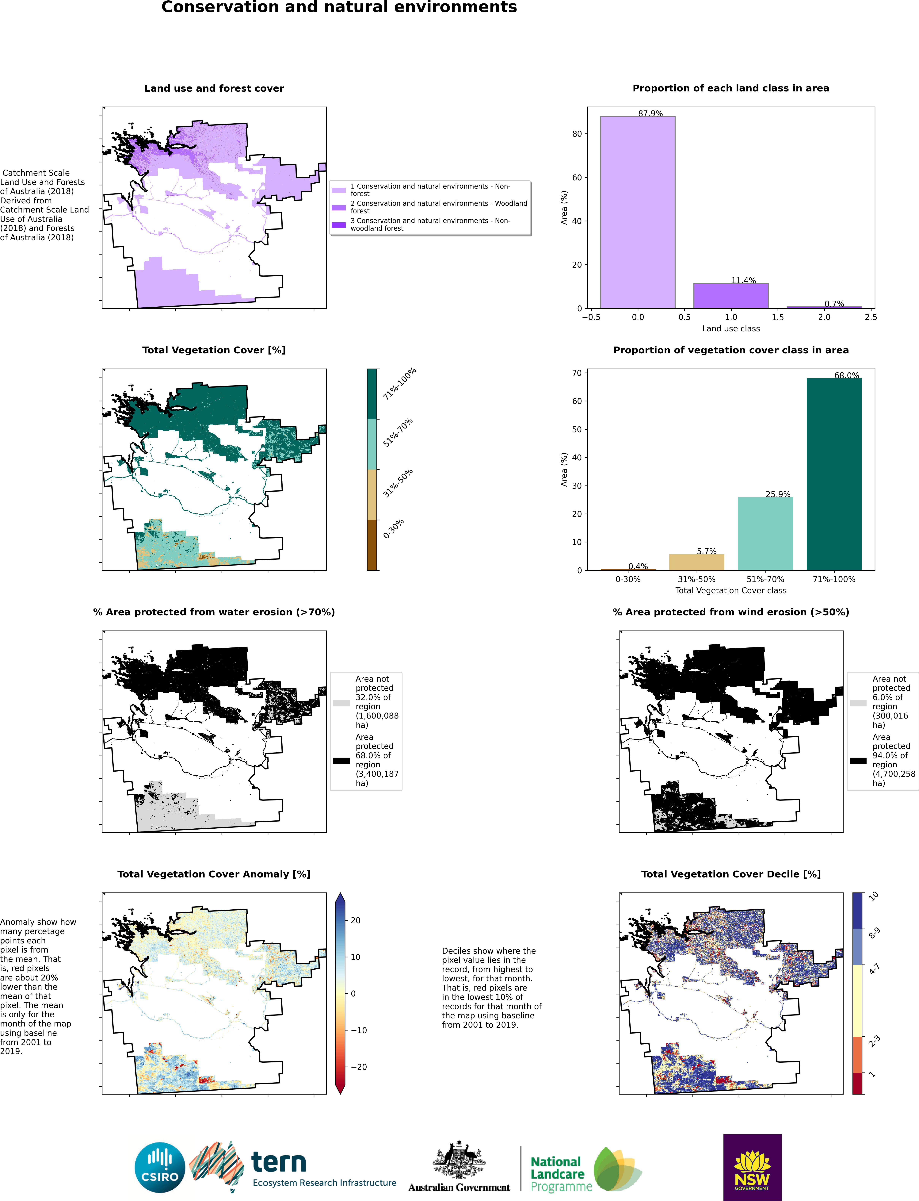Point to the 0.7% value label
834,304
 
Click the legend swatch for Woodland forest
339,207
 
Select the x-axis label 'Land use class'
731,328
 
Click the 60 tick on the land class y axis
577,177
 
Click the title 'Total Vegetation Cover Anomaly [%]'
214,874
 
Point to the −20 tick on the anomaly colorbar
358,1067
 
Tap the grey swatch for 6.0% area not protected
858,703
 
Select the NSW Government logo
752,1167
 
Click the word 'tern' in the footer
278,1162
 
